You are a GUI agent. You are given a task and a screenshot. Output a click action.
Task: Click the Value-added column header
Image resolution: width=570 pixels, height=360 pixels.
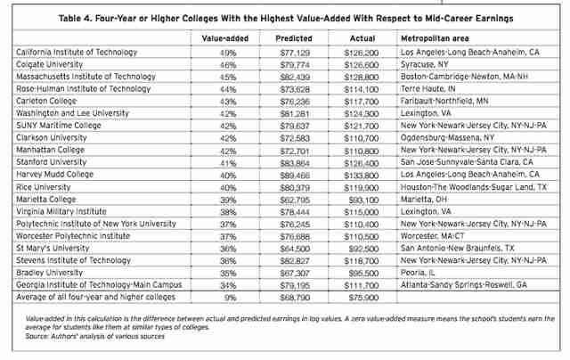(x=225, y=38)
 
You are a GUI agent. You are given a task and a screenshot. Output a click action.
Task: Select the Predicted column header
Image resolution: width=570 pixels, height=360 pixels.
(x=294, y=38)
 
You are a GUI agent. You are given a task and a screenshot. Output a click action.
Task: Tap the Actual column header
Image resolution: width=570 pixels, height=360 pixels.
(x=362, y=38)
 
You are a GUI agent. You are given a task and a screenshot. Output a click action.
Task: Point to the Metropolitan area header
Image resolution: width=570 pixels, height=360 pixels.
(x=435, y=38)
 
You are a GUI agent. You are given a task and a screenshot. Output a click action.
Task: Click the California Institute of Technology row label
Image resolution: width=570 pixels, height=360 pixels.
(x=77, y=53)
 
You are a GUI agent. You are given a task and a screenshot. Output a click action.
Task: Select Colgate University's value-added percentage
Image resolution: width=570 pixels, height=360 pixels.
(x=228, y=65)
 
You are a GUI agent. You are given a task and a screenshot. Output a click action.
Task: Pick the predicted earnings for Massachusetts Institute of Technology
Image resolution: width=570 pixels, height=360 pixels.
(x=295, y=78)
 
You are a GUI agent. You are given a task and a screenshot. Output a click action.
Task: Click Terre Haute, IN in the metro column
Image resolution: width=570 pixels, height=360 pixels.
(x=427, y=89)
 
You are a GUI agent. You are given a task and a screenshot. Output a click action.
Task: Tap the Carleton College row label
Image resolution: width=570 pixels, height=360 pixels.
(x=46, y=101)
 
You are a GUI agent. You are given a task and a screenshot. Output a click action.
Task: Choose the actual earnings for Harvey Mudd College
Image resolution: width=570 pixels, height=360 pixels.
(x=362, y=176)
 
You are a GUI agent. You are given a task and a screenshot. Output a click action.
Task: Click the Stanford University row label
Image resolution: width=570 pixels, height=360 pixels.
(x=52, y=162)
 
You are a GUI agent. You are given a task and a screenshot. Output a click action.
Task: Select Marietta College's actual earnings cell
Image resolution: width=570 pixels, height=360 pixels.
(x=363, y=200)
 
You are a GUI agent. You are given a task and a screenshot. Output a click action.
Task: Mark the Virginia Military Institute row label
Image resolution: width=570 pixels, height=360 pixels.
(x=61, y=212)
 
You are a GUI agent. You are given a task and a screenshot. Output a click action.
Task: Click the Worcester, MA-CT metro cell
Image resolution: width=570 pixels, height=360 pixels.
(x=433, y=236)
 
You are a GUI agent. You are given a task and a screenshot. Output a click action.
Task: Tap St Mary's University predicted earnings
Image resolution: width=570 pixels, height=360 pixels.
(x=295, y=249)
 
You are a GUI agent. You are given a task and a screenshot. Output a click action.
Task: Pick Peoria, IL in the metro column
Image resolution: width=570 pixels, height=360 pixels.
(x=418, y=273)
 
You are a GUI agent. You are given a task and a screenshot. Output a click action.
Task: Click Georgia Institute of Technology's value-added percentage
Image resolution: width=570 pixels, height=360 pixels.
(x=228, y=285)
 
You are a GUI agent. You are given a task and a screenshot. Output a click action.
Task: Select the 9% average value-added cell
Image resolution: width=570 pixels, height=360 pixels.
(x=230, y=298)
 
